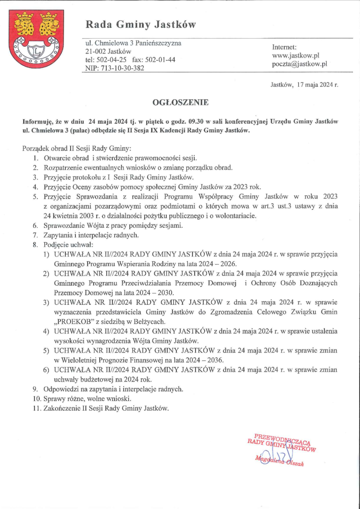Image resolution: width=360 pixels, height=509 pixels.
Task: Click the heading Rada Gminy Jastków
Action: coord(141,24)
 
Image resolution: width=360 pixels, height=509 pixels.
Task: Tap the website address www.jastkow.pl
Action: coord(296,55)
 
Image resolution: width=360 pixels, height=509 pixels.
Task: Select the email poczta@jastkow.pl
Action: coord(299,64)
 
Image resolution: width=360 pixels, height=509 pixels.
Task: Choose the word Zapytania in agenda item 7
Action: coord(58,235)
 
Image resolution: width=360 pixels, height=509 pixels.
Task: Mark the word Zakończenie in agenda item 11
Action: coord(62,408)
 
